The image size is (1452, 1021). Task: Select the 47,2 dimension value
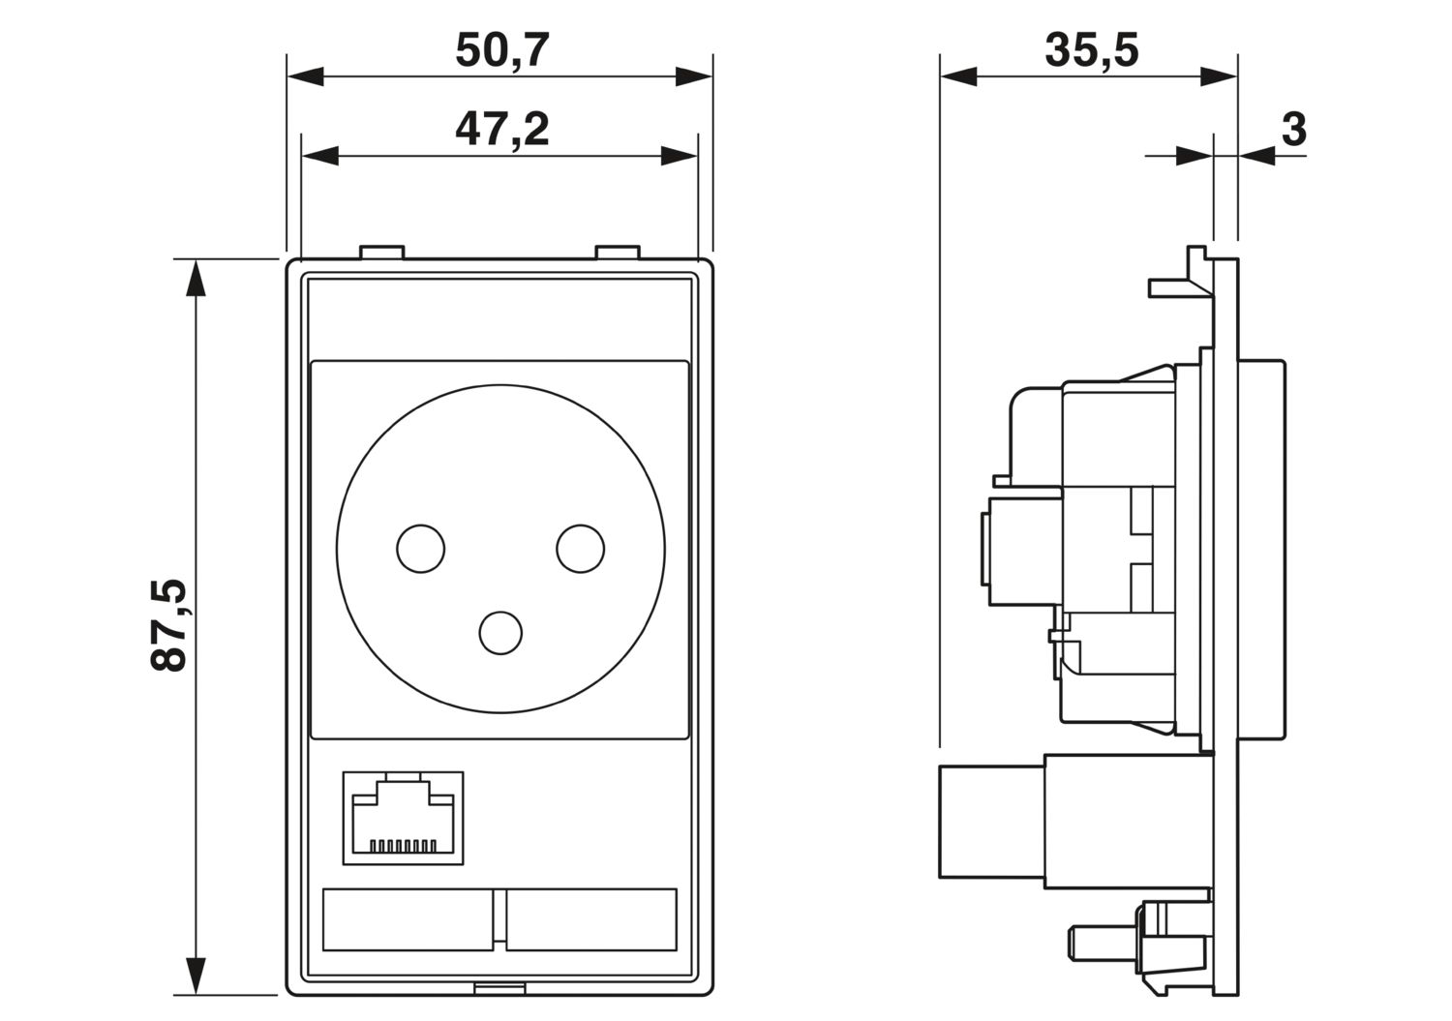click(501, 129)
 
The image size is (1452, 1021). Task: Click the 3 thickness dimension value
click(1293, 129)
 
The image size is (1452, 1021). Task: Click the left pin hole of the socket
click(420, 548)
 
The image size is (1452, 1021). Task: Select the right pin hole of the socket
click(580, 548)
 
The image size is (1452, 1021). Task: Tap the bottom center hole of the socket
click(501, 632)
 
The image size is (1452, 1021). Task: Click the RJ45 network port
click(403, 817)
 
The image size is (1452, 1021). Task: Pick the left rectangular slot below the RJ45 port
click(408, 918)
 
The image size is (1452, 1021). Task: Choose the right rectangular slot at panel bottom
click(591, 918)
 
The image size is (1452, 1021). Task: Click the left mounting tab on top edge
click(381, 253)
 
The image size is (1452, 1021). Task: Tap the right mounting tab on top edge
click(618, 253)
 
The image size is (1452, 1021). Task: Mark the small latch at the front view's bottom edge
click(500, 989)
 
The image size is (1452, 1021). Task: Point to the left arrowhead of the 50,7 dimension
click(306, 76)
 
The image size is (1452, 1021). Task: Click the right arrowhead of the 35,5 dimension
click(1219, 76)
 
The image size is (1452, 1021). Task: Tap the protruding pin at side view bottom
click(1100, 940)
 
